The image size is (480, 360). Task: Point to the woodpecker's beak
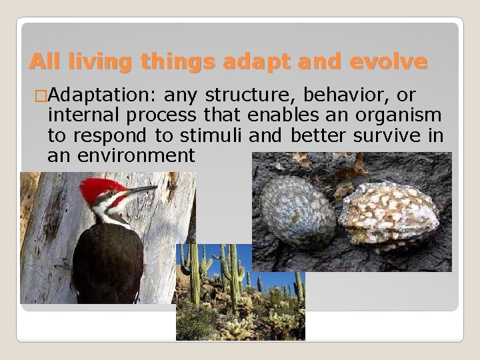coord(140,192)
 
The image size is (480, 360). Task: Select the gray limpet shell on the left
coord(297,212)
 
